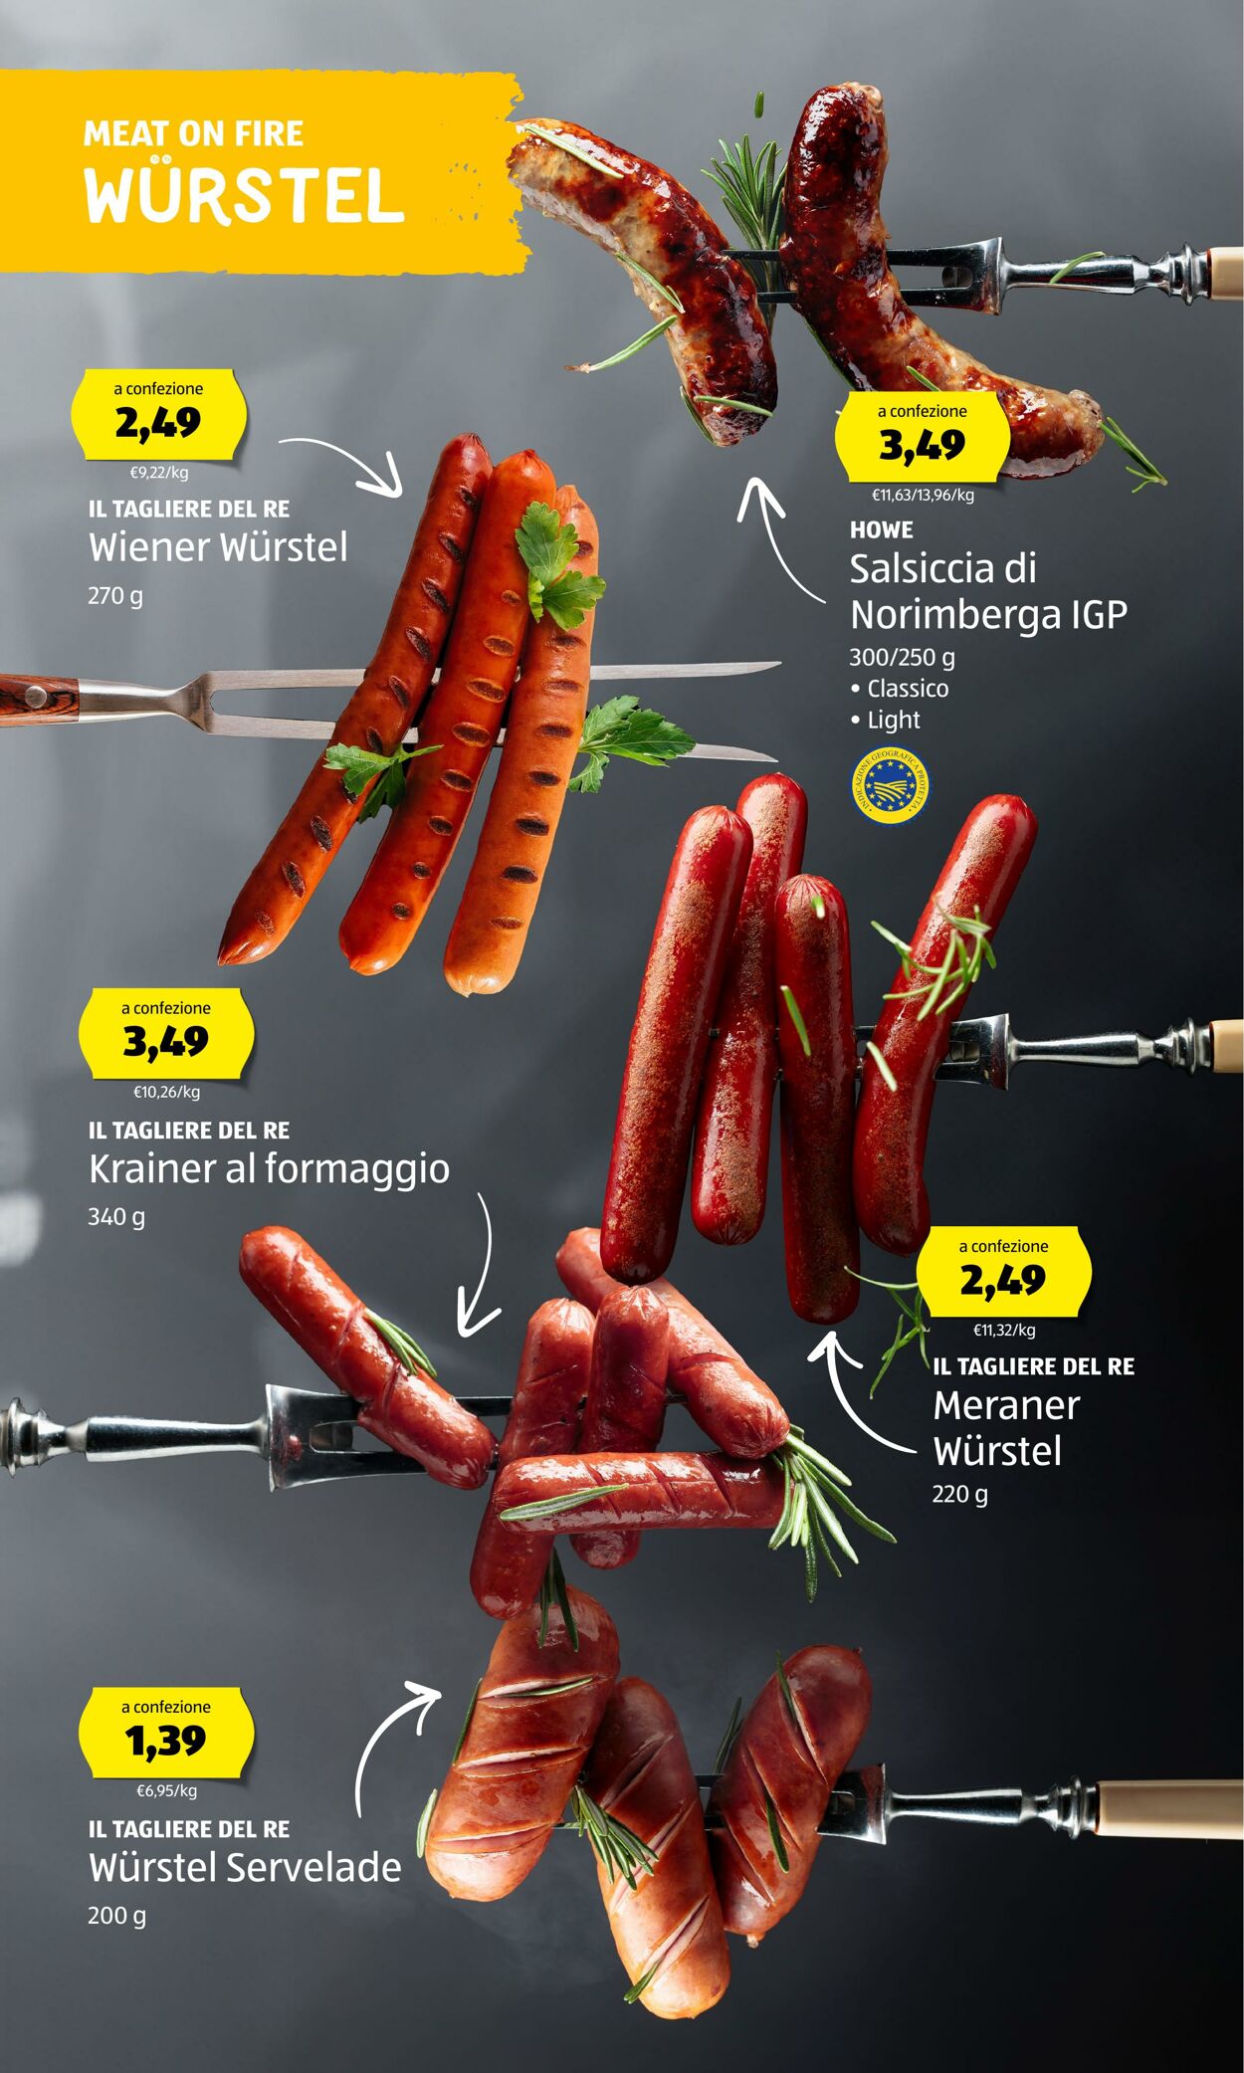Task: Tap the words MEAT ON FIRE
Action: click(x=193, y=133)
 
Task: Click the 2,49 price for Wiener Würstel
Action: click(x=158, y=423)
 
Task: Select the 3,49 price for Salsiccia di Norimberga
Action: click(x=922, y=445)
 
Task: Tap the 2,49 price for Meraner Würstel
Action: click(x=1003, y=1280)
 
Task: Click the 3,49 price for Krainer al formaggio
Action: click(x=166, y=1042)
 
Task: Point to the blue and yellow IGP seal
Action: click(x=890, y=788)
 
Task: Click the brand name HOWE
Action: click(x=881, y=530)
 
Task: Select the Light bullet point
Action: click(x=885, y=720)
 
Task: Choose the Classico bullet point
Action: click(x=899, y=688)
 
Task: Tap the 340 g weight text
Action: click(x=116, y=1216)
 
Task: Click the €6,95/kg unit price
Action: click(x=166, y=1790)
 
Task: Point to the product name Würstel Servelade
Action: click(x=245, y=1867)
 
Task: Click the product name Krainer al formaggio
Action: click(x=269, y=1169)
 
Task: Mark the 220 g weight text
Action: click(x=960, y=1494)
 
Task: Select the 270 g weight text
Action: click(x=115, y=596)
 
